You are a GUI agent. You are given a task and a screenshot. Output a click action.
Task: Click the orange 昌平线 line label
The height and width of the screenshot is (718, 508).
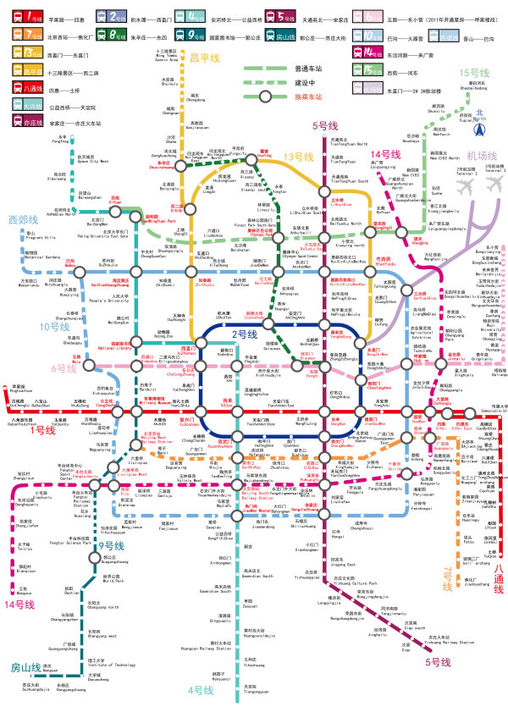click(204, 57)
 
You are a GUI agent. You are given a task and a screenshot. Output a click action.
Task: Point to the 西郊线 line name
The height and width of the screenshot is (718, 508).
click(24, 219)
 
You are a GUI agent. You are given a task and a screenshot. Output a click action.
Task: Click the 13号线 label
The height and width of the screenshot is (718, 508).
click(298, 157)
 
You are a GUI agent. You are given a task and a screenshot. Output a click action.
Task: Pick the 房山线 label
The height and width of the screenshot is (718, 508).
click(25, 667)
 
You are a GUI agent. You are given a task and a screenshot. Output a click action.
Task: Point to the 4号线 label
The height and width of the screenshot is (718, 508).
click(201, 690)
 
